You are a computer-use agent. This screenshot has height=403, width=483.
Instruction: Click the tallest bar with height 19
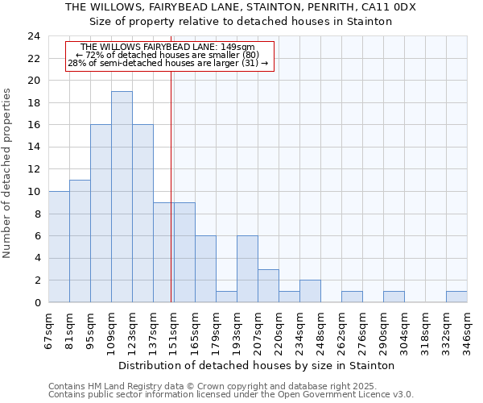tap(122, 197)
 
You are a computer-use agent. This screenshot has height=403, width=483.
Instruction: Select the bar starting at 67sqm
tap(59, 247)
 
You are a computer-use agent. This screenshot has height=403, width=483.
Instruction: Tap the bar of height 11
tap(80, 241)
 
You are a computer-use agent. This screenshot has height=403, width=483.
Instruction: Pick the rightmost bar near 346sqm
tap(456, 297)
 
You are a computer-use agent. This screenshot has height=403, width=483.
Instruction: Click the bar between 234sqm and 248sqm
tap(310, 291)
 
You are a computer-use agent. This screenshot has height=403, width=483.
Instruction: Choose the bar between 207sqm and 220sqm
tap(268, 285)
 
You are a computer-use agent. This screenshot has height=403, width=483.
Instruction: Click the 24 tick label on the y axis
tap(33, 36)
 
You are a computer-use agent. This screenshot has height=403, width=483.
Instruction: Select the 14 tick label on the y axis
tap(33, 147)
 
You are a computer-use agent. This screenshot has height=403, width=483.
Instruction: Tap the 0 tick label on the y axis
tap(36, 302)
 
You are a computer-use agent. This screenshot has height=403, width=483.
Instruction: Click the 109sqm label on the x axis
tap(112, 329)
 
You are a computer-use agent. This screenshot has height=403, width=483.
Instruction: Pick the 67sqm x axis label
tap(49, 327)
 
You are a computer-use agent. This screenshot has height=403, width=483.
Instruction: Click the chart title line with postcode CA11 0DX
tap(241, 6)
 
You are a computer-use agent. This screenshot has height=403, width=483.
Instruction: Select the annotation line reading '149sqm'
tap(168, 48)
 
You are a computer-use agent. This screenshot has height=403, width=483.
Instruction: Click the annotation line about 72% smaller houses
tap(168, 55)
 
